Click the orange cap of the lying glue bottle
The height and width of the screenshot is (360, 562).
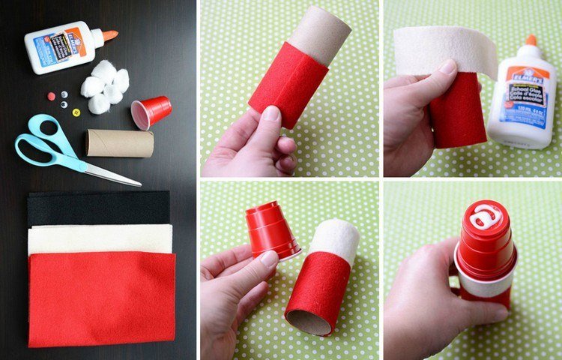point(109,34)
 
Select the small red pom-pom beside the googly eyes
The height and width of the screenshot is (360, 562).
point(50,96)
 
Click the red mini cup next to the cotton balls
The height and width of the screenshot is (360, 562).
point(152,112)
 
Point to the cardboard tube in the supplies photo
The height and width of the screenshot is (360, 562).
point(119,142)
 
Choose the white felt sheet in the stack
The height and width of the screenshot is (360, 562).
point(97,238)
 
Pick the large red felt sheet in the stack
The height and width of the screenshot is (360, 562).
point(101,296)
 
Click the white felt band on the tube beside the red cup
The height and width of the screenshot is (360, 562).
point(335,239)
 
